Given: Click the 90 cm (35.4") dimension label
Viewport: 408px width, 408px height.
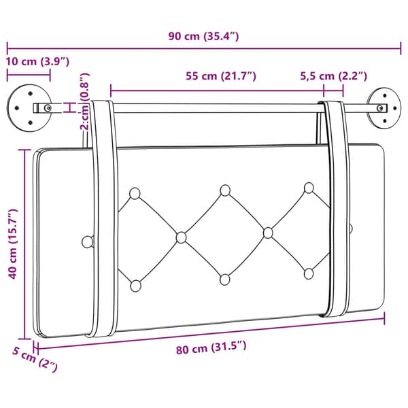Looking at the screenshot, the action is (203, 36).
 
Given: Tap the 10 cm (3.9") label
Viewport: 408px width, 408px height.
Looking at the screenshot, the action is (37, 62).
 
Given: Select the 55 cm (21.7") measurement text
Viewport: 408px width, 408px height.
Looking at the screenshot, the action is (221, 76).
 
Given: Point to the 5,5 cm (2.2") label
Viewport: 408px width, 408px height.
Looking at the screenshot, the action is (334, 76).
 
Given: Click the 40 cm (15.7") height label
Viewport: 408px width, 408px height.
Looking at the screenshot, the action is (12, 243).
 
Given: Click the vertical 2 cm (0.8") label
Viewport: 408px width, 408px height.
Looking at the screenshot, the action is (85, 101).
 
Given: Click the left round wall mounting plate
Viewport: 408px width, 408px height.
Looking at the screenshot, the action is (29, 107).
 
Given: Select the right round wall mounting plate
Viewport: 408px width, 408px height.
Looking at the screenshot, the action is (384, 107).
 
